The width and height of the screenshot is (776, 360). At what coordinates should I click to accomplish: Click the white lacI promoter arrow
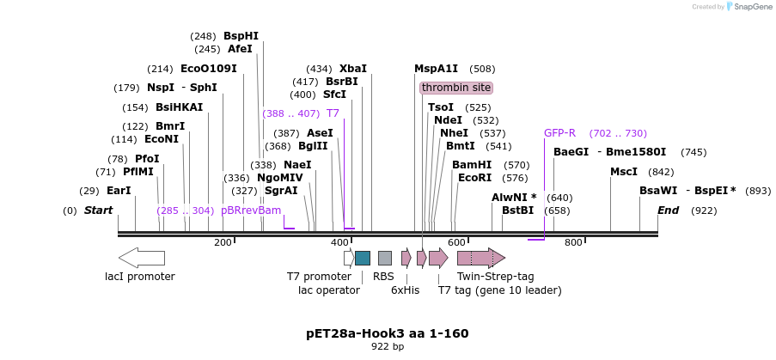141,257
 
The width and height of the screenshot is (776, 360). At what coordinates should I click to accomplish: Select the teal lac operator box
363,258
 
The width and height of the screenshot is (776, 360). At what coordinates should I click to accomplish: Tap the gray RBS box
385,258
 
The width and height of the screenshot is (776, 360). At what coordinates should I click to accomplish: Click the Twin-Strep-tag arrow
480,258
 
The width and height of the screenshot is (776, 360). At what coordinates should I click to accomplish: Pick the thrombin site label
456,88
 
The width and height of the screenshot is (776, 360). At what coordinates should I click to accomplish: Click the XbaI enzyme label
352,69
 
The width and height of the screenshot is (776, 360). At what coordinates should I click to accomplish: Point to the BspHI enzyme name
241,36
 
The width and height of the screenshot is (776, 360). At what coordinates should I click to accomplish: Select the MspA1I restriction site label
436,69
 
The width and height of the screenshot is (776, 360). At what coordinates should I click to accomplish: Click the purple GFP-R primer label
559,133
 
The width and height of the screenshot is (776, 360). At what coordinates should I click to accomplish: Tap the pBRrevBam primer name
251,211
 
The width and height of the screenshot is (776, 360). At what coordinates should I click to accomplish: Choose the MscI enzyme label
623,172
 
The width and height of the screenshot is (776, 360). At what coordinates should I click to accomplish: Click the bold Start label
98,211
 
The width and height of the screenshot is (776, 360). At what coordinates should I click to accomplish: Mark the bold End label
669,211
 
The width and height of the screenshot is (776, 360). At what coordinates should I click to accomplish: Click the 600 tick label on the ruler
456,243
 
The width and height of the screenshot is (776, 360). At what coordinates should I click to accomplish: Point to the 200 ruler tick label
223,243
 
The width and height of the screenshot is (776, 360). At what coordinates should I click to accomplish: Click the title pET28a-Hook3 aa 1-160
388,333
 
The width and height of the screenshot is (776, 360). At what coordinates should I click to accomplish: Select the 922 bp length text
388,347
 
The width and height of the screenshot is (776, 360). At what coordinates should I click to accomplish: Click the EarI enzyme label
119,191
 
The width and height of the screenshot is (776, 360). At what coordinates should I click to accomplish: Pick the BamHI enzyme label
472,165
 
